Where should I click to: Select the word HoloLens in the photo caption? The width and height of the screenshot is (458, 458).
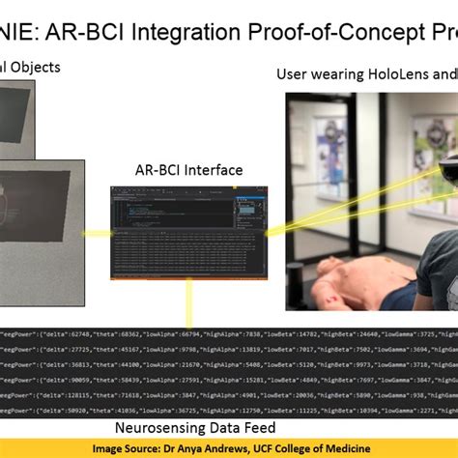pos(393,74)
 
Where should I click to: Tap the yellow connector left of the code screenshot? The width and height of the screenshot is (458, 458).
pos(97,233)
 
